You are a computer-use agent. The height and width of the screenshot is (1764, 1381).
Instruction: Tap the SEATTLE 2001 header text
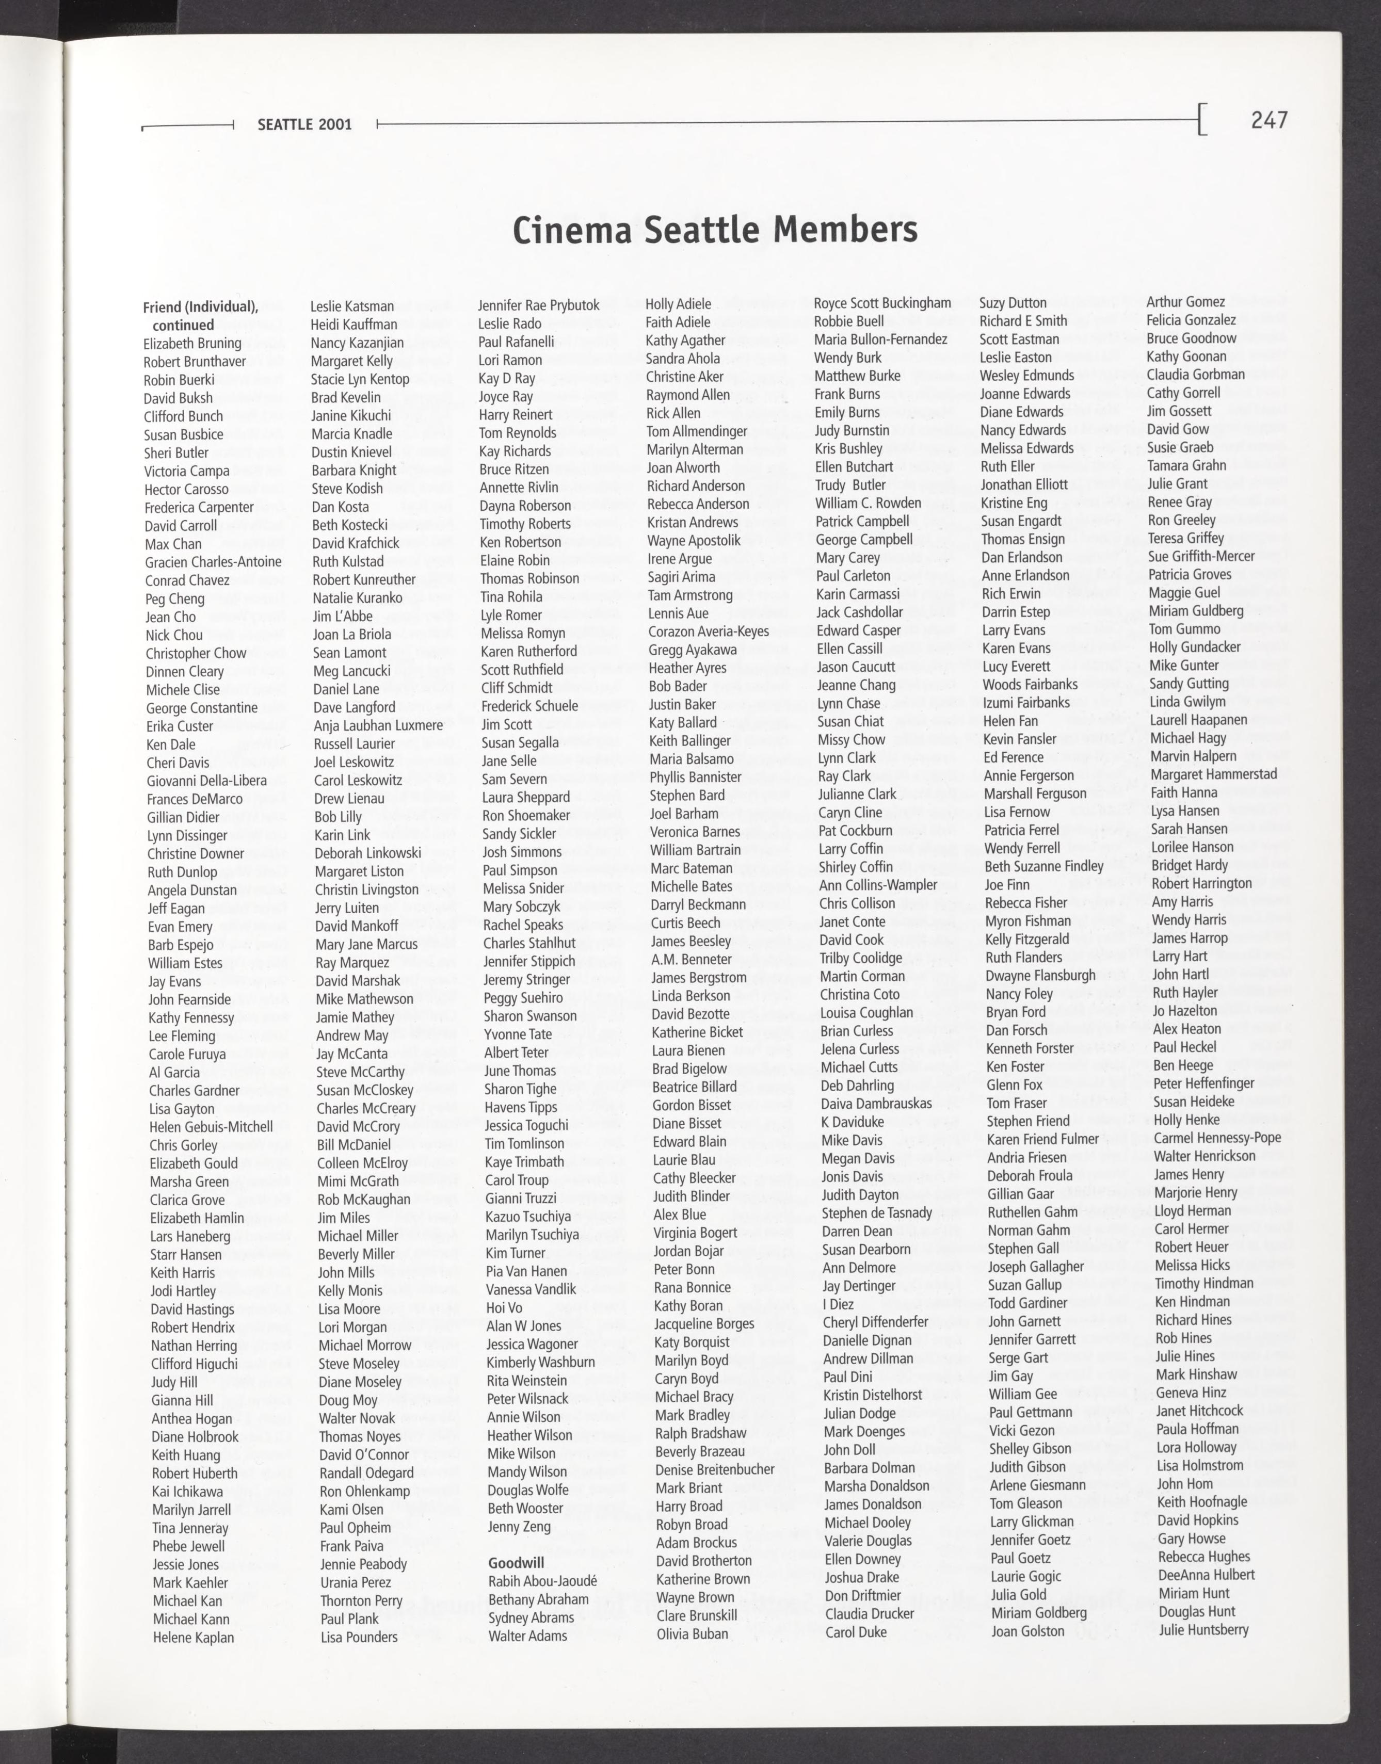click(x=305, y=124)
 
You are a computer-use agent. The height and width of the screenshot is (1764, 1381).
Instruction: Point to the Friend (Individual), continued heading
click(x=201, y=316)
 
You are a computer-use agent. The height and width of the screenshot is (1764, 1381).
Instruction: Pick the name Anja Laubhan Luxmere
click(x=378, y=726)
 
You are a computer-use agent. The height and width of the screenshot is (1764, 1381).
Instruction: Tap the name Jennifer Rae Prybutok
click(x=538, y=305)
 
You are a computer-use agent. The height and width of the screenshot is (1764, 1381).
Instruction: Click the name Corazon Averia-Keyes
click(x=708, y=632)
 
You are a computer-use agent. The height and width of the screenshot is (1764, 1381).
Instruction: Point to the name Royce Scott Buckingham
click(x=882, y=303)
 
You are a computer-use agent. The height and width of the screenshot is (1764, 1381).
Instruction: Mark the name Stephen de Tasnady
click(x=876, y=1212)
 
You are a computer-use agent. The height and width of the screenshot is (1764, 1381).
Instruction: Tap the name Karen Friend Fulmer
click(x=1042, y=1139)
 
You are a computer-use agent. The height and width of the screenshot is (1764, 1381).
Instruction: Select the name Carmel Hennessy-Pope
click(x=1217, y=1138)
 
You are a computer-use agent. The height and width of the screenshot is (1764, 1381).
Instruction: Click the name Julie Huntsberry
click(x=1203, y=1630)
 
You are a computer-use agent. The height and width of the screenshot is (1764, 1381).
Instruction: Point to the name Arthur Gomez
click(x=1185, y=302)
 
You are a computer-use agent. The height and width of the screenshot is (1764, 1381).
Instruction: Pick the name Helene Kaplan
click(x=193, y=1638)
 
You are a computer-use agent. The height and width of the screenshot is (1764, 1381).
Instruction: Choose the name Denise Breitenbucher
click(x=715, y=1470)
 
